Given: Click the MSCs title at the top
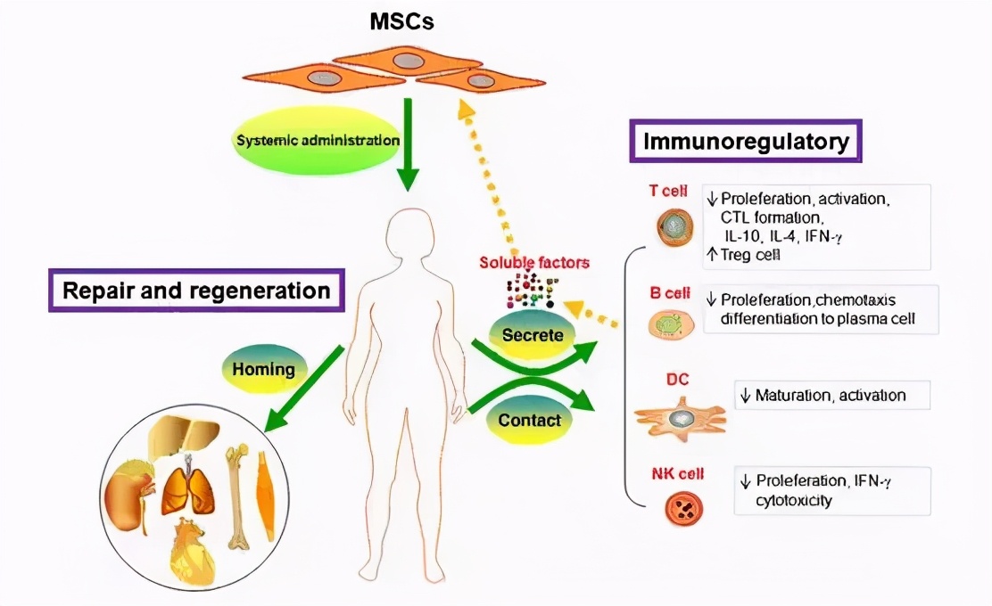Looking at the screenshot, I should pos(402,20).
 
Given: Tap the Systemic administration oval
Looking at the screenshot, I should pos(318,141).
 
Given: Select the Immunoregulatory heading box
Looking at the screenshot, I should pos(746,141).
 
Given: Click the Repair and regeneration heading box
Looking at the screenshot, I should pos(196,291).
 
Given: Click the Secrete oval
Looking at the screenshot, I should pos(532,336).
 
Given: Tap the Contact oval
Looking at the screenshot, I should pos(530,419).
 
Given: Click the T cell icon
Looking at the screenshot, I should pos(675,227).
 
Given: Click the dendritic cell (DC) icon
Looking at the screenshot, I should pos(681,417).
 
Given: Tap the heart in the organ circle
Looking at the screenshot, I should pos(196,553).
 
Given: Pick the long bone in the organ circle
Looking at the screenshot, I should pos(237,495).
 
